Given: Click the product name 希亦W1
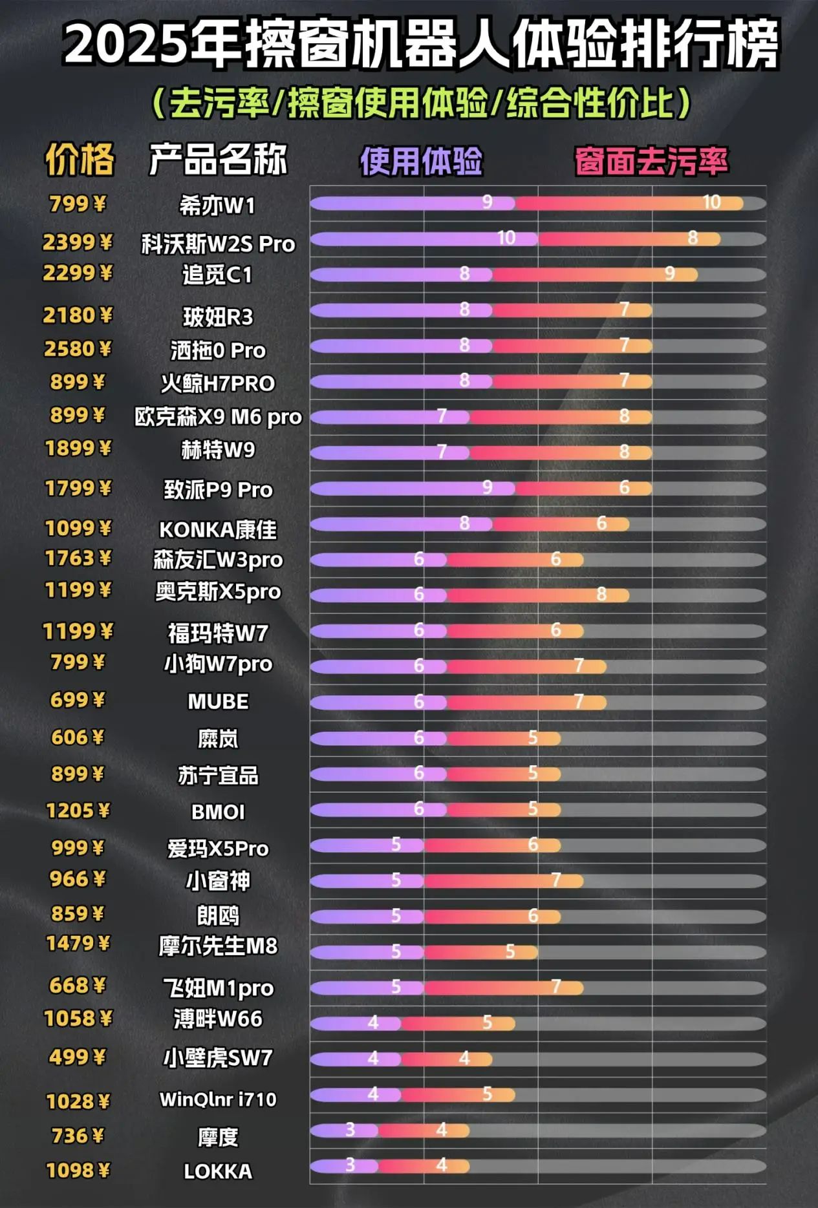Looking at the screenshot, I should [217, 206].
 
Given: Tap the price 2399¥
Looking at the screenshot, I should [78, 242].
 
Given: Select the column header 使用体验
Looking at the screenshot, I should [421, 161].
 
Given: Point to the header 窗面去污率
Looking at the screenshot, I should [651, 161].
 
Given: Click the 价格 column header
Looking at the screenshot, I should [80, 160].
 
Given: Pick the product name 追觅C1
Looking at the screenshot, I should [217, 275].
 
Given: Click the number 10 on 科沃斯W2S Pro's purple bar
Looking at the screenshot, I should [506, 238].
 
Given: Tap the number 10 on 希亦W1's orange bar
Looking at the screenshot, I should [711, 203].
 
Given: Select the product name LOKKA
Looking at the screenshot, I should [218, 1171].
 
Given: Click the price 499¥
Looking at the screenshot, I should [77, 1057].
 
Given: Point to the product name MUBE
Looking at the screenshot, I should [218, 701].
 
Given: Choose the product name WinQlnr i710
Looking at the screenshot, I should [218, 1099].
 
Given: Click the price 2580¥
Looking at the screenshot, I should [78, 349].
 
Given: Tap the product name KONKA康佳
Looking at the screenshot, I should [218, 530].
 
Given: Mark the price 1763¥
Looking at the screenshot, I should [78, 558].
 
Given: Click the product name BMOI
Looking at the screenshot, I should [218, 812].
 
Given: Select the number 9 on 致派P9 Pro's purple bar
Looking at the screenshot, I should [487, 487].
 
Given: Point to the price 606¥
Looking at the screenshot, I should [78, 737].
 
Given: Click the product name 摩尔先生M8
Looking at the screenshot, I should [218, 946].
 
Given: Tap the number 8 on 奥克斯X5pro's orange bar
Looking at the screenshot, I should [601, 594].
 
